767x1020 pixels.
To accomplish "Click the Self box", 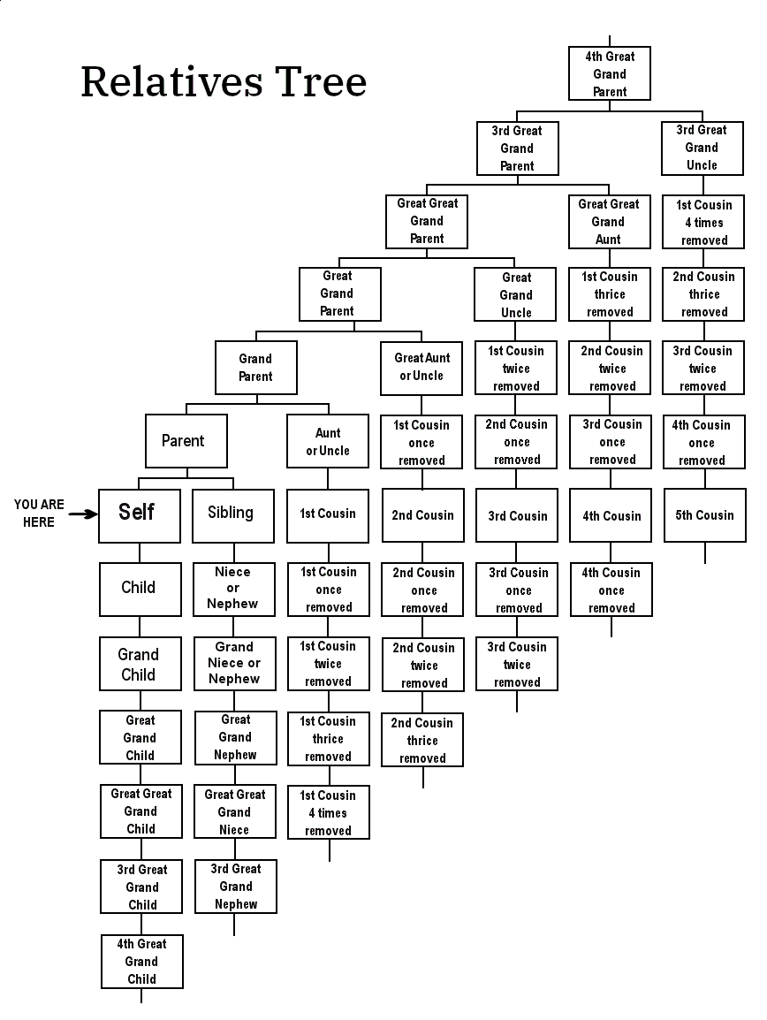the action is (x=140, y=515).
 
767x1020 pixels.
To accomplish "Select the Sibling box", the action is (x=233, y=515).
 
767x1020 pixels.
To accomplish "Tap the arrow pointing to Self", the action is (x=82, y=514).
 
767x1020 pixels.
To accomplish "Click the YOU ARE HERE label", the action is (x=39, y=514).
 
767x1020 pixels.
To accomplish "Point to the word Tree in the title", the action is (x=321, y=82).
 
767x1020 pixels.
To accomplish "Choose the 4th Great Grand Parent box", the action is (x=610, y=73).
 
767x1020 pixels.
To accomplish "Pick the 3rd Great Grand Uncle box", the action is (x=702, y=148).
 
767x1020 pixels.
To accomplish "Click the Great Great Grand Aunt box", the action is (x=609, y=222).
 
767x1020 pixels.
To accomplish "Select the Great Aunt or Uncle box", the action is (x=421, y=369).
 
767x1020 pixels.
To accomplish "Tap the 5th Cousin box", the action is (x=704, y=515).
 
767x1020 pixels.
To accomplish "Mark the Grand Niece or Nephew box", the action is (x=235, y=664).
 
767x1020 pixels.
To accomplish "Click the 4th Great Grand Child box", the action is (x=141, y=962).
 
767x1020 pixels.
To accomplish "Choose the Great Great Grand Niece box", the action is (x=235, y=811).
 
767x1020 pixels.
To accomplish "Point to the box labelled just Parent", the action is (x=186, y=441).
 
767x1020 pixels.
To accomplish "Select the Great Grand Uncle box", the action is (x=515, y=294).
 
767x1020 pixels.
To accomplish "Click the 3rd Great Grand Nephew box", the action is (x=236, y=887).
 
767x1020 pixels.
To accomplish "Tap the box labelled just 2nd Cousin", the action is (x=423, y=515).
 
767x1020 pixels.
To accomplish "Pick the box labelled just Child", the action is (x=140, y=590).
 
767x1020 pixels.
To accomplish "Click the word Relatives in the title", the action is (x=171, y=82).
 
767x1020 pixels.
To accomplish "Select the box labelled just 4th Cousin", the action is (x=611, y=515).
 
